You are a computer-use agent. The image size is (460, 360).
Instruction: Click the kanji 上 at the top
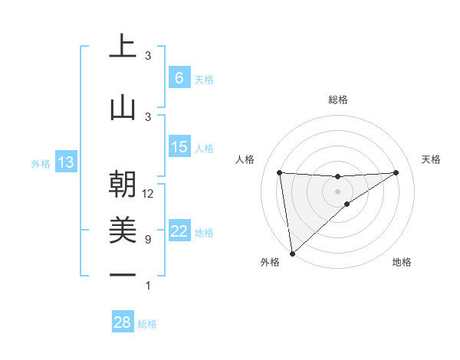click(x=123, y=46)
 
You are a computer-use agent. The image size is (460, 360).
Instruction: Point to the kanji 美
click(x=123, y=229)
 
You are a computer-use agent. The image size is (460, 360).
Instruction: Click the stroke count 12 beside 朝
click(x=148, y=194)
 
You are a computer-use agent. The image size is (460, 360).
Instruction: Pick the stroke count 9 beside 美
click(x=148, y=240)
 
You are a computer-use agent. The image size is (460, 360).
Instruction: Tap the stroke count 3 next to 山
click(x=148, y=116)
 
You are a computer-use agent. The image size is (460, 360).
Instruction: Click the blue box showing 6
click(x=179, y=78)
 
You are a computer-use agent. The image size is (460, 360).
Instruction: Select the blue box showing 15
click(x=179, y=147)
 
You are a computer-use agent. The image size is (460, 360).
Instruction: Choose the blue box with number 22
click(x=179, y=232)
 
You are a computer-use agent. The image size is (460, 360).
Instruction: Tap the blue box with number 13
click(x=65, y=162)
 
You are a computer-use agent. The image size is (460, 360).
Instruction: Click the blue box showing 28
click(x=123, y=323)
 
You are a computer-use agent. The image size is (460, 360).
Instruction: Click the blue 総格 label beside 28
click(x=147, y=325)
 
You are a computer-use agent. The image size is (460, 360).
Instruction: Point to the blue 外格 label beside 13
click(x=41, y=163)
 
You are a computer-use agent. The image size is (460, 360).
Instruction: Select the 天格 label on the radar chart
click(x=431, y=159)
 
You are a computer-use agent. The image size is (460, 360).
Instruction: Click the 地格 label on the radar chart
click(x=402, y=262)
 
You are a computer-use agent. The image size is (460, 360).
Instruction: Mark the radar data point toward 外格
click(x=292, y=253)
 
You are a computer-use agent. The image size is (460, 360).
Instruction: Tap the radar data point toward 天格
click(x=396, y=172)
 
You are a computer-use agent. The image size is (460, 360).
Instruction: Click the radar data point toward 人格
click(x=280, y=172)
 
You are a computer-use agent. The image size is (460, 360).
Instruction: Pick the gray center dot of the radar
click(x=337, y=191)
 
